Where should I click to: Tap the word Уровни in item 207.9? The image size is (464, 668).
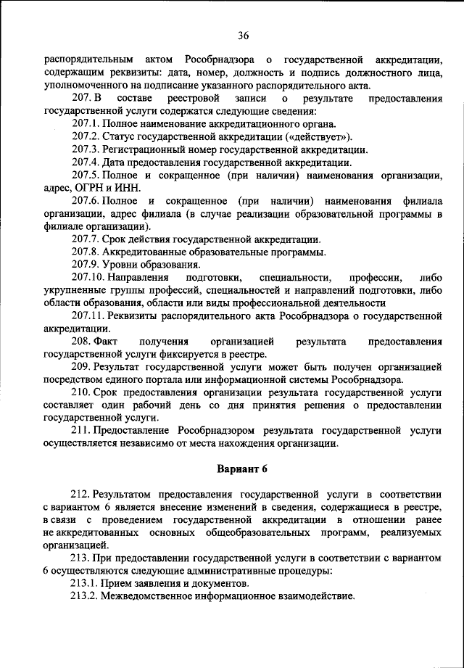tap(120, 264)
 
